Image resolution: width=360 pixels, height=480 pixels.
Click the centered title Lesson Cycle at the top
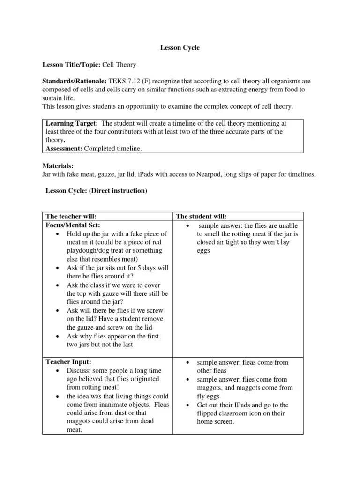tap(180, 48)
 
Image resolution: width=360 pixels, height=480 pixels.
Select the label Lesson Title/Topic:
tap(72, 65)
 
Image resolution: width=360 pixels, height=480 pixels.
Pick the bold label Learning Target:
tap(71, 123)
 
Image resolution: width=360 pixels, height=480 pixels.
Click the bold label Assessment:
tap(64, 149)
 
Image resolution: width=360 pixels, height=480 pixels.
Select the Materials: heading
tap(58, 166)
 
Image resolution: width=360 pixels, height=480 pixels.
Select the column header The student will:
tap(202, 216)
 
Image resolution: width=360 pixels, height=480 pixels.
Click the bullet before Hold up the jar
tap(57, 234)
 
